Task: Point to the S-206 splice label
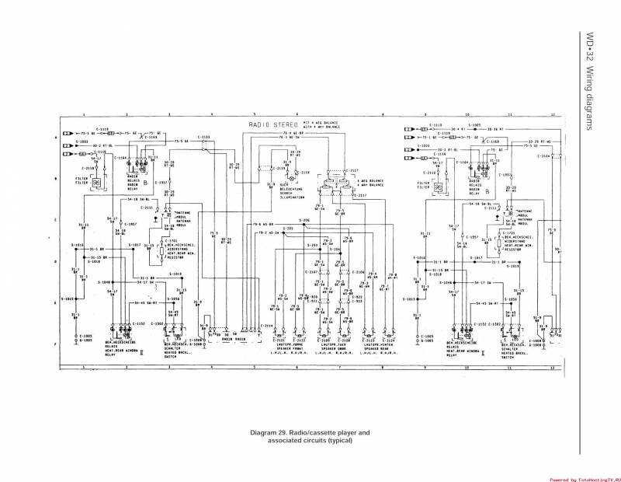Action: [x=306, y=222]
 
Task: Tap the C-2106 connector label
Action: [x=358, y=272]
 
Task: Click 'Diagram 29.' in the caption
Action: [x=268, y=432]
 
